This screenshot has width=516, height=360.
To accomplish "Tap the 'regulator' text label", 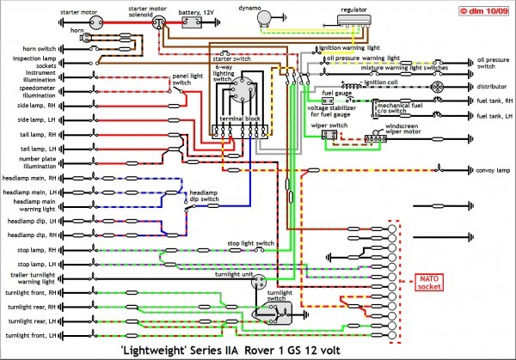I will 353,7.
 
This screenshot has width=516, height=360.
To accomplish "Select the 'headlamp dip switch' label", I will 204,196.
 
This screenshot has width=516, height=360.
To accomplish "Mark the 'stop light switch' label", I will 250,243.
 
